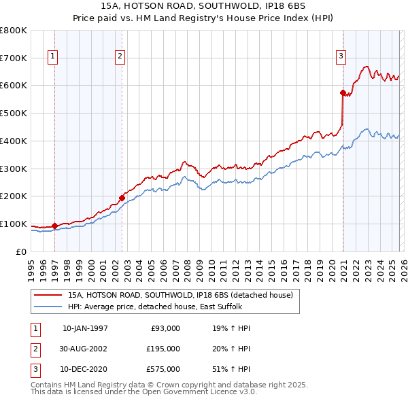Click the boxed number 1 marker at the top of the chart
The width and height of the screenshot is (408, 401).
click(52, 57)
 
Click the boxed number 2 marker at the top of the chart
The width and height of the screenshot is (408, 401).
click(120, 57)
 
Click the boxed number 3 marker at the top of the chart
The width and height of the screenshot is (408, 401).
click(340, 57)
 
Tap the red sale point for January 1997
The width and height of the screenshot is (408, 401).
click(55, 226)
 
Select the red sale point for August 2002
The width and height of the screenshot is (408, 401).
click(122, 198)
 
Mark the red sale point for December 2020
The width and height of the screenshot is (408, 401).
click(343, 92)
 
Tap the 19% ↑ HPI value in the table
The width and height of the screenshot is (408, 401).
click(231, 328)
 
